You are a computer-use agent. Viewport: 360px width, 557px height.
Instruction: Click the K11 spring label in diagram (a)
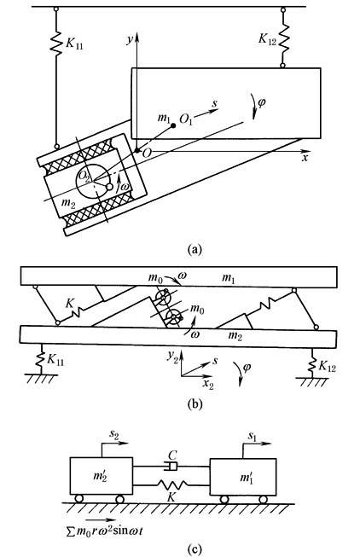point(74,44)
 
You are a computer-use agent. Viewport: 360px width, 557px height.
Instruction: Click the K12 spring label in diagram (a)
point(267,39)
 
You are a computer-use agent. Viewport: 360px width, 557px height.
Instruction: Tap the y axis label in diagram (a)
point(130,40)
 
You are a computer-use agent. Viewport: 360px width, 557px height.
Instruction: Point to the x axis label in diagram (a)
point(305,158)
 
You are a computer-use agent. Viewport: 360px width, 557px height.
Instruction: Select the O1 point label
point(186,119)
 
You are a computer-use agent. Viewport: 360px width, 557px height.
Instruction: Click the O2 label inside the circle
point(84,176)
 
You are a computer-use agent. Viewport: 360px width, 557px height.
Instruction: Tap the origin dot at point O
point(136,151)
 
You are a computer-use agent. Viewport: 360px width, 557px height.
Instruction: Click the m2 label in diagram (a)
point(68,203)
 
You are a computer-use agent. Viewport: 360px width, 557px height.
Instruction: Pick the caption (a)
point(195,249)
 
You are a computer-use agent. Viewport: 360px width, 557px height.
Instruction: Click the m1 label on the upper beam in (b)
point(228,278)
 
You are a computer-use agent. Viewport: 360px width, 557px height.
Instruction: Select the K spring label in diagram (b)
point(70,303)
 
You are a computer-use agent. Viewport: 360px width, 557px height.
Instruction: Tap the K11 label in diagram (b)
point(55,360)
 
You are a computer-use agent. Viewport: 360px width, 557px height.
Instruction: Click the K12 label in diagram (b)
point(327,366)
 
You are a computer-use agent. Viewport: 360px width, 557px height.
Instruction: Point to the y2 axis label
point(172,357)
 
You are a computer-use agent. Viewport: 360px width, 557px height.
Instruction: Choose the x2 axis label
point(208,384)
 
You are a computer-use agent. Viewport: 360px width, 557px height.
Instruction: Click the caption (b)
point(195,404)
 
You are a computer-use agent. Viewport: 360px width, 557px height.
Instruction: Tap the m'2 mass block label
point(100,475)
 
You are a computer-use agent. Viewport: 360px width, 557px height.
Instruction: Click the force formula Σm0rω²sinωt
point(104,531)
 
